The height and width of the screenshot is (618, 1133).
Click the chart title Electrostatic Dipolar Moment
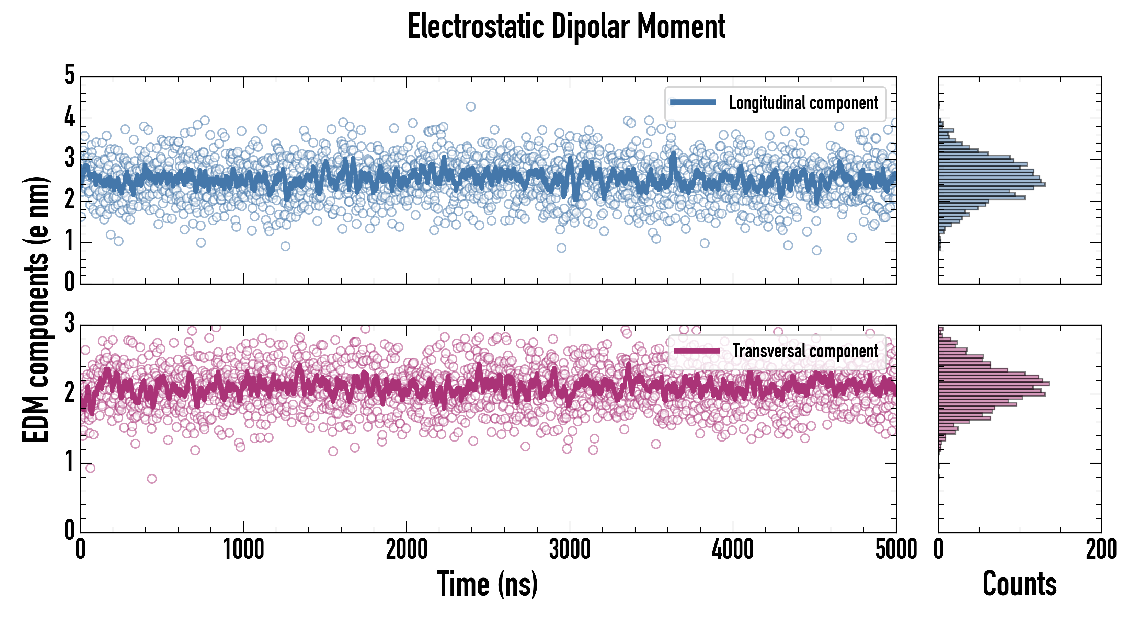[566, 26]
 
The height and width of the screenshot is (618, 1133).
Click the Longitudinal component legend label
[803, 103]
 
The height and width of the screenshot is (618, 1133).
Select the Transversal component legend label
[805, 351]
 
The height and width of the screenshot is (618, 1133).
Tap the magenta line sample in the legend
[697, 351]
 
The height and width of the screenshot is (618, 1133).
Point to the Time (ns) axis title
[487, 584]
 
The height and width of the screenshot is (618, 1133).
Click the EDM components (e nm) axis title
[36, 309]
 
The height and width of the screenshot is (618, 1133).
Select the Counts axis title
[1019, 584]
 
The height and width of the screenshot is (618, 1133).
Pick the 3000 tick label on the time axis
[570, 550]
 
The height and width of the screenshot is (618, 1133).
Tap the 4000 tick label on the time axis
[733, 550]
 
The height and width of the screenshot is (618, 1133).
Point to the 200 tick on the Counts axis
[1101, 550]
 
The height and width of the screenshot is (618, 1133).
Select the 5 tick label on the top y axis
[69, 75]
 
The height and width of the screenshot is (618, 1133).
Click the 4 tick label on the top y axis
[69, 117]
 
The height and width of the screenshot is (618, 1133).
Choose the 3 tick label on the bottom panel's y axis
[69, 323]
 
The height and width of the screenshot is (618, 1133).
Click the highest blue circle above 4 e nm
[471, 106]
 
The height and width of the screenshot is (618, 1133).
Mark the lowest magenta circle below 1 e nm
[152, 479]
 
